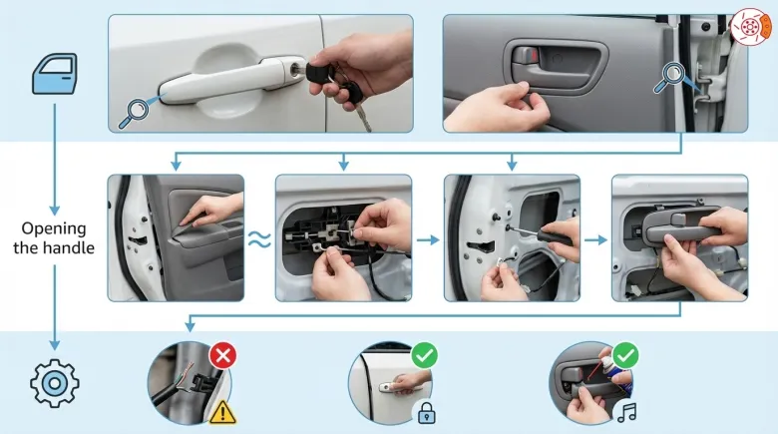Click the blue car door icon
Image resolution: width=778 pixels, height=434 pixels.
pyautogui.click(x=55, y=74)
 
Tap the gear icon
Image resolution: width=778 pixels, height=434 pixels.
pyautogui.click(x=55, y=383)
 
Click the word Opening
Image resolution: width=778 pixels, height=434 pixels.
pyautogui.click(x=54, y=229)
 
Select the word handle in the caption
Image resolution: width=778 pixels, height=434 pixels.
pyautogui.click(x=69, y=247)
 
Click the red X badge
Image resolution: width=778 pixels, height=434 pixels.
pyautogui.click(x=222, y=355)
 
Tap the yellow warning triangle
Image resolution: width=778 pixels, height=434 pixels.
pyautogui.click(x=222, y=412)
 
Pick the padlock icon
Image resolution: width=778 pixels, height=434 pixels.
pyautogui.click(x=426, y=412)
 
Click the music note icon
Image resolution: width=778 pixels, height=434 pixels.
pyautogui.click(x=627, y=412)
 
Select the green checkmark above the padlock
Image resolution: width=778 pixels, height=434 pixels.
pyautogui.click(x=425, y=355)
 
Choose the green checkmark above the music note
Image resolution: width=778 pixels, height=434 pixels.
pyautogui.click(x=625, y=355)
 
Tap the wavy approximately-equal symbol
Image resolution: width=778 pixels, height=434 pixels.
pyautogui.click(x=259, y=239)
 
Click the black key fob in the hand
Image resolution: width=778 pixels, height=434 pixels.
pyautogui.click(x=320, y=73)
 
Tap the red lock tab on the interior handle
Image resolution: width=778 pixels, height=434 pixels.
pyautogui.click(x=533, y=55)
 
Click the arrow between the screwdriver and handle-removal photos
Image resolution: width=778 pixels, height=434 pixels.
pyautogui.click(x=595, y=240)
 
